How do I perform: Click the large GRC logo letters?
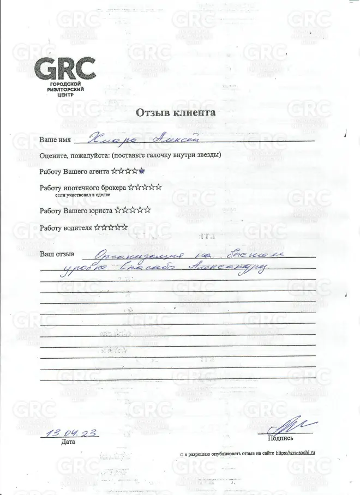pyautogui.click(x=65, y=69)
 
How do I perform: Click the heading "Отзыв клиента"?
pyautogui.click(x=175, y=112)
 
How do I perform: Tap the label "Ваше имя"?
pyautogui.click(x=56, y=140)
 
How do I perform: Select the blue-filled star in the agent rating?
pyautogui.click(x=141, y=171)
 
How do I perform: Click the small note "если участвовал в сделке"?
pyautogui.click(x=82, y=194)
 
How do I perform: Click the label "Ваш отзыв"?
pyautogui.click(x=57, y=254)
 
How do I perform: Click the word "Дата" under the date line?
pyautogui.click(x=68, y=442)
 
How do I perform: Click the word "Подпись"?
pyautogui.click(x=280, y=438)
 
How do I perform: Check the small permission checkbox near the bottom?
pyautogui.click(x=181, y=453)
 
